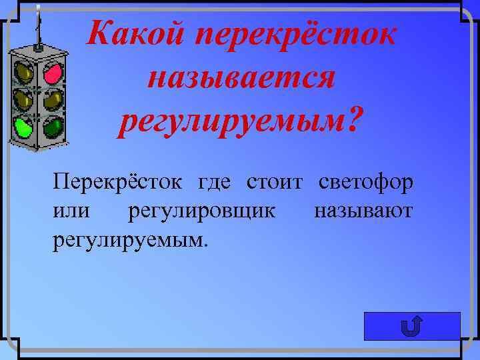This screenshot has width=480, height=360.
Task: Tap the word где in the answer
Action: tap(213, 182)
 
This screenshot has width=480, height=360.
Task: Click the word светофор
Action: tap(366, 182)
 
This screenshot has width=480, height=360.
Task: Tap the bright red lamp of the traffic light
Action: tap(53, 72)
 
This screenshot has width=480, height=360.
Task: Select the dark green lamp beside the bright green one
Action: tap(53, 125)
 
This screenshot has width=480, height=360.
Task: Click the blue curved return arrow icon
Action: tap(412, 327)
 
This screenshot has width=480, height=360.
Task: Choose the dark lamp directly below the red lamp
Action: tap(53, 99)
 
